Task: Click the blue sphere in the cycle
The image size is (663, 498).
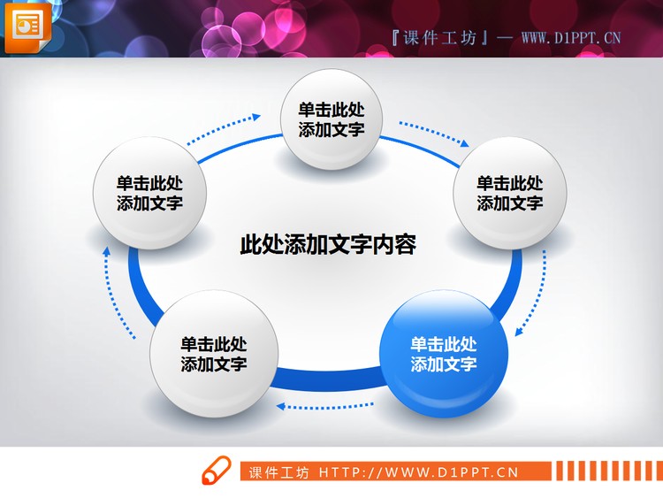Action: [444, 354]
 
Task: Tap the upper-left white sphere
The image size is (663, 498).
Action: [150, 194]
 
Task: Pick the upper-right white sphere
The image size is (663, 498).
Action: [510, 194]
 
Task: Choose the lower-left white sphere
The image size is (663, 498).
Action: [214, 354]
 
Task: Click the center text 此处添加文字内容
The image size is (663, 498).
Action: [328, 245]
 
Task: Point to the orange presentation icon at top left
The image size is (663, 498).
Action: [27, 27]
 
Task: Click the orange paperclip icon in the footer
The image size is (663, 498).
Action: [217, 472]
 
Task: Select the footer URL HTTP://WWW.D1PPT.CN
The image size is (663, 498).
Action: [418, 472]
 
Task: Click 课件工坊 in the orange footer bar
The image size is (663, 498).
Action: [279, 472]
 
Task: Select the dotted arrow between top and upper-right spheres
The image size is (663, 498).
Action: [433, 132]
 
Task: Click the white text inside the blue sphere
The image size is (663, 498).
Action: [444, 354]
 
